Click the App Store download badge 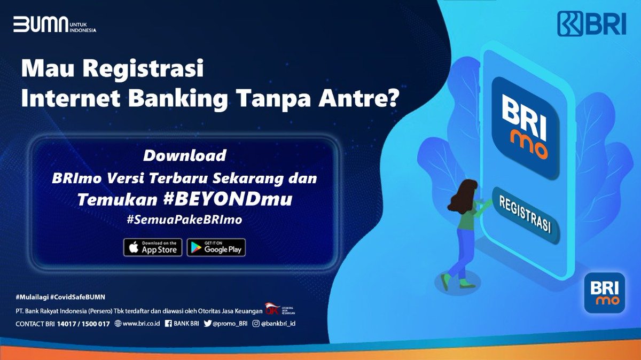click(153, 247)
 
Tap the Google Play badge click(216, 247)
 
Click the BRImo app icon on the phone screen click(525, 128)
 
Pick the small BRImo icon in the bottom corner click(604, 293)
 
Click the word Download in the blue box click(184, 156)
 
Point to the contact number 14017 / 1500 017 click(85, 324)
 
